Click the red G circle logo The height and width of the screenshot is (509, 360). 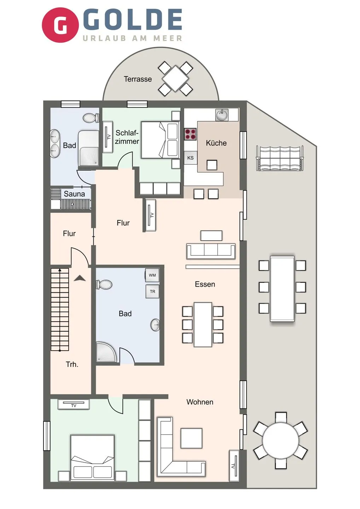pyautogui.click(x=60, y=25)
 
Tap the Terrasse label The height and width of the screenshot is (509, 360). pyautogui.click(x=138, y=79)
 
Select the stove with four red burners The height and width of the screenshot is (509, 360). pyautogui.click(x=190, y=134)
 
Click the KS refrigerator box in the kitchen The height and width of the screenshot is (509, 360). pyautogui.click(x=191, y=158)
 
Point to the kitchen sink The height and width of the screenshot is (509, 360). pyautogui.click(x=222, y=115)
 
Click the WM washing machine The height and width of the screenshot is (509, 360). pyautogui.click(x=152, y=275)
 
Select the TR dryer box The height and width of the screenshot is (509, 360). pyautogui.click(x=152, y=292)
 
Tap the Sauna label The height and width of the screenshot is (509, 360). pyautogui.click(x=74, y=194)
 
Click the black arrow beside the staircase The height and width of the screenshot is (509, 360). pyautogui.click(x=80, y=279)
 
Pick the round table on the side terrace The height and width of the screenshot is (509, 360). pyautogui.click(x=280, y=440)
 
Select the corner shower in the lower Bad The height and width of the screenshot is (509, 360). pyautogui.click(x=106, y=352)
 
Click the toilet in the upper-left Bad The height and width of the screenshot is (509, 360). pyautogui.click(x=92, y=118)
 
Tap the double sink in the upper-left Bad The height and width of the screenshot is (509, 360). pyautogui.click(x=55, y=144)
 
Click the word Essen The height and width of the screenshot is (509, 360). pyautogui.click(x=205, y=284)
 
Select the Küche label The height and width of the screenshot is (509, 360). pyautogui.click(x=216, y=143)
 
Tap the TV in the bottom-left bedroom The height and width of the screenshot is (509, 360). pyautogui.click(x=74, y=404)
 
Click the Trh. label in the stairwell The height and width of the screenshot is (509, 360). pyautogui.click(x=72, y=364)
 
